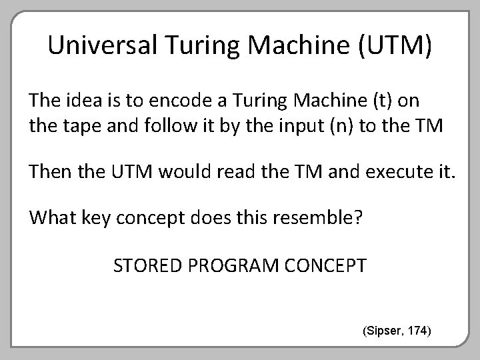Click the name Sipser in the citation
384,330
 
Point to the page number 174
419,330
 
